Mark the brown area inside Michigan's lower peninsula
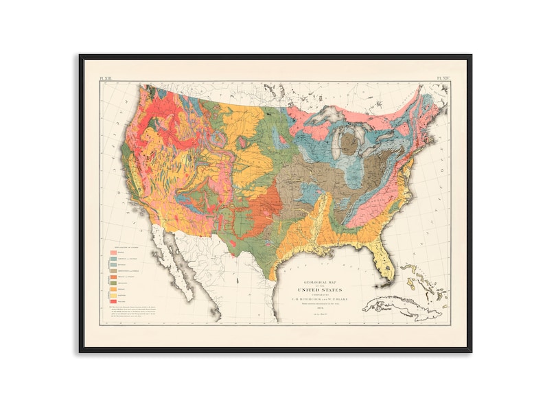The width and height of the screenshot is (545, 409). point(352,143)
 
